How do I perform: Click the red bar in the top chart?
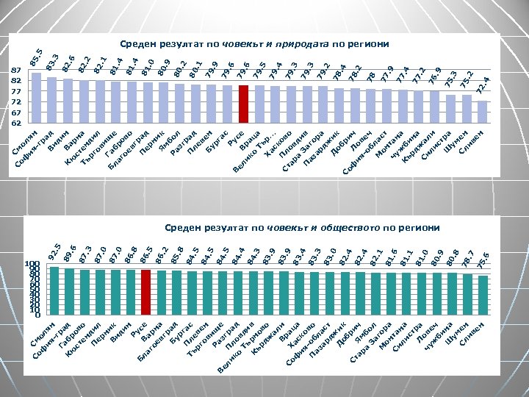coord(243,104)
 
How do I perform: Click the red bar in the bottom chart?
coord(145,293)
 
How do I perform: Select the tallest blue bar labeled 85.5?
coord(36,98)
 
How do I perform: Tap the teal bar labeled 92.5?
coord(54,291)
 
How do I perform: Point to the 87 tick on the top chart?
coord(15,71)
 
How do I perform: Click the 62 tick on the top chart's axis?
coord(15,123)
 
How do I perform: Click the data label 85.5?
coord(36,56)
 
